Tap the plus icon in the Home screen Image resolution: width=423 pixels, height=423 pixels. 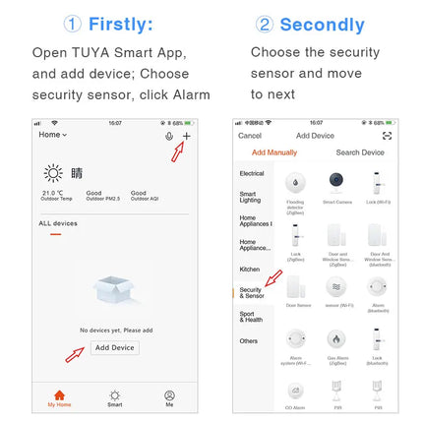pos(187,135)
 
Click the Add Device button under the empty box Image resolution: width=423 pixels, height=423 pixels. pos(115,347)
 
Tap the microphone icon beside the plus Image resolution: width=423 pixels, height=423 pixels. pos(169,135)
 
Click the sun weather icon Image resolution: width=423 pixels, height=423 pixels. pos(52,173)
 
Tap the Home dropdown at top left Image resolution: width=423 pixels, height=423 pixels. pos(53,135)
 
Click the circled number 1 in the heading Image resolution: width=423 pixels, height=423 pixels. pos(72,25)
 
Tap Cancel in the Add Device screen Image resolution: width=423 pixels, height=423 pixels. pos(250,136)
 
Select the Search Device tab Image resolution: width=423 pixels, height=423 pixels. pos(360,152)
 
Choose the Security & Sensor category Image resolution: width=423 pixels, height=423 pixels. pos(252,293)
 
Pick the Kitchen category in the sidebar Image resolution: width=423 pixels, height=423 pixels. pos(250,269)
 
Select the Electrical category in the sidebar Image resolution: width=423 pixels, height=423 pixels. pos(252,173)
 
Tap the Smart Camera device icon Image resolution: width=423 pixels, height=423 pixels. pos(335,181)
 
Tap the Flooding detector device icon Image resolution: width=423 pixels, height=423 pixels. pos(295,181)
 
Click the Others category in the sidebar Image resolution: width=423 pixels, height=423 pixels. pos(250,341)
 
